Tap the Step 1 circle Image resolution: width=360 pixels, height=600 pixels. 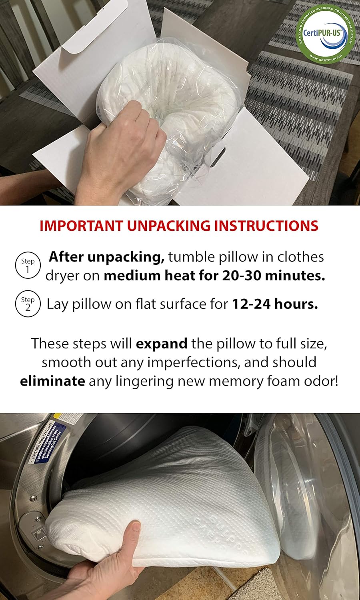(28, 265)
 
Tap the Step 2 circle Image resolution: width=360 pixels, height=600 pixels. (28, 304)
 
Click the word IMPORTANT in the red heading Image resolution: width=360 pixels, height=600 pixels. (81, 226)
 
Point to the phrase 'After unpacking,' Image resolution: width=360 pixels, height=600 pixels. (106, 257)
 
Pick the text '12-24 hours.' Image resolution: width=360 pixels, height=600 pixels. (275, 304)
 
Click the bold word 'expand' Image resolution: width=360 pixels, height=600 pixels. (162, 344)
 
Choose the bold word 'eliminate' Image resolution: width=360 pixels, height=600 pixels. (52, 381)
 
